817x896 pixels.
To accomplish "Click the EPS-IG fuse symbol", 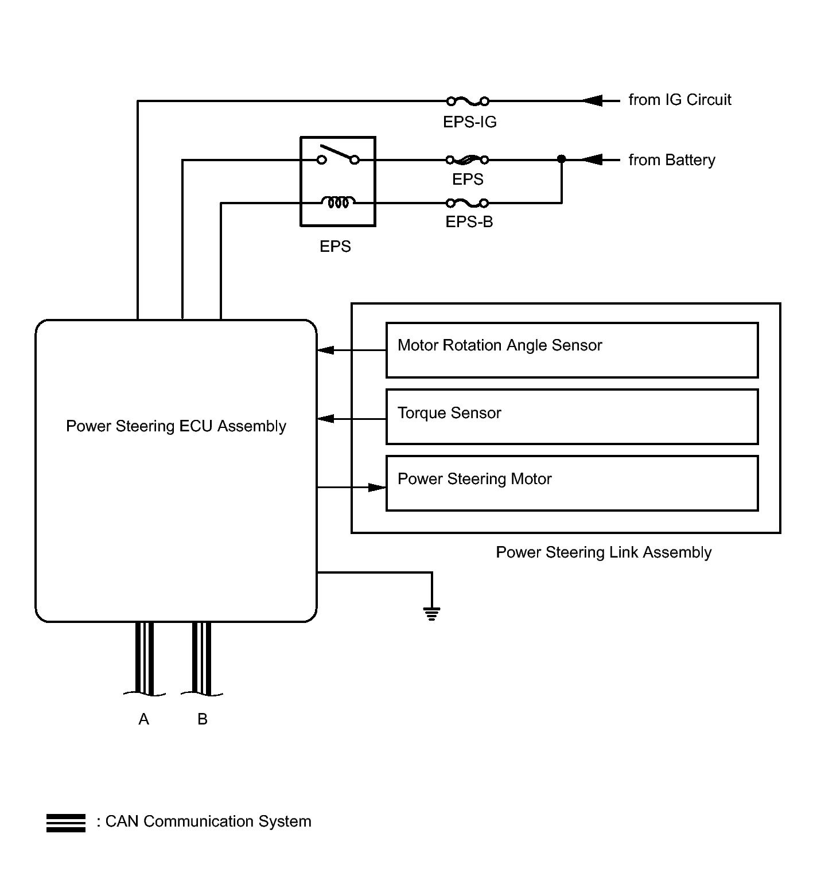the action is click(468, 102).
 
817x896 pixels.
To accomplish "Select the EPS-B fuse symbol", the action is click(468, 203).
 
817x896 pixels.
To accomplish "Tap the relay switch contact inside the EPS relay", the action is click(339, 155).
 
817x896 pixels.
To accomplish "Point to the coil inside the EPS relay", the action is click(338, 202).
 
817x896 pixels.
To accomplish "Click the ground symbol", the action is click(431, 614).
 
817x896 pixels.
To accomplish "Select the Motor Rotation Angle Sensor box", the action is click(572, 350).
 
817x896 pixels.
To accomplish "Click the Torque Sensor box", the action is click(572, 417).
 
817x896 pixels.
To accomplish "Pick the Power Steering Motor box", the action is click(572, 484).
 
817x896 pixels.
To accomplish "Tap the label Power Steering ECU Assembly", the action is click(176, 426).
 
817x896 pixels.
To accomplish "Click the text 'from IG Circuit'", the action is click(680, 100).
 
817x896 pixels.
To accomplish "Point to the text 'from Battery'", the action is click(672, 160).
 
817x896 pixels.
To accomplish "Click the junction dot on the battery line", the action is click(562, 159).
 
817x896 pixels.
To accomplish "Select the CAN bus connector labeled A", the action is click(145, 659).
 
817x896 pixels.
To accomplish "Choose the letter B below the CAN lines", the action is click(203, 719).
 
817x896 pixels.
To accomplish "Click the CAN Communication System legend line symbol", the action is click(66, 823).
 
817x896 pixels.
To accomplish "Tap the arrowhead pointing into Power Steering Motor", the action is click(377, 488).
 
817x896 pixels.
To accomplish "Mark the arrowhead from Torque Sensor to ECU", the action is click(326, 419).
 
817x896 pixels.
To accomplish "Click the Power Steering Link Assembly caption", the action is click(604, 552).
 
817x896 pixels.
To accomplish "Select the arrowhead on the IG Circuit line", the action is click(592, 102).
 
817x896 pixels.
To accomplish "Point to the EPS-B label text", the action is click(469, 222).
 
